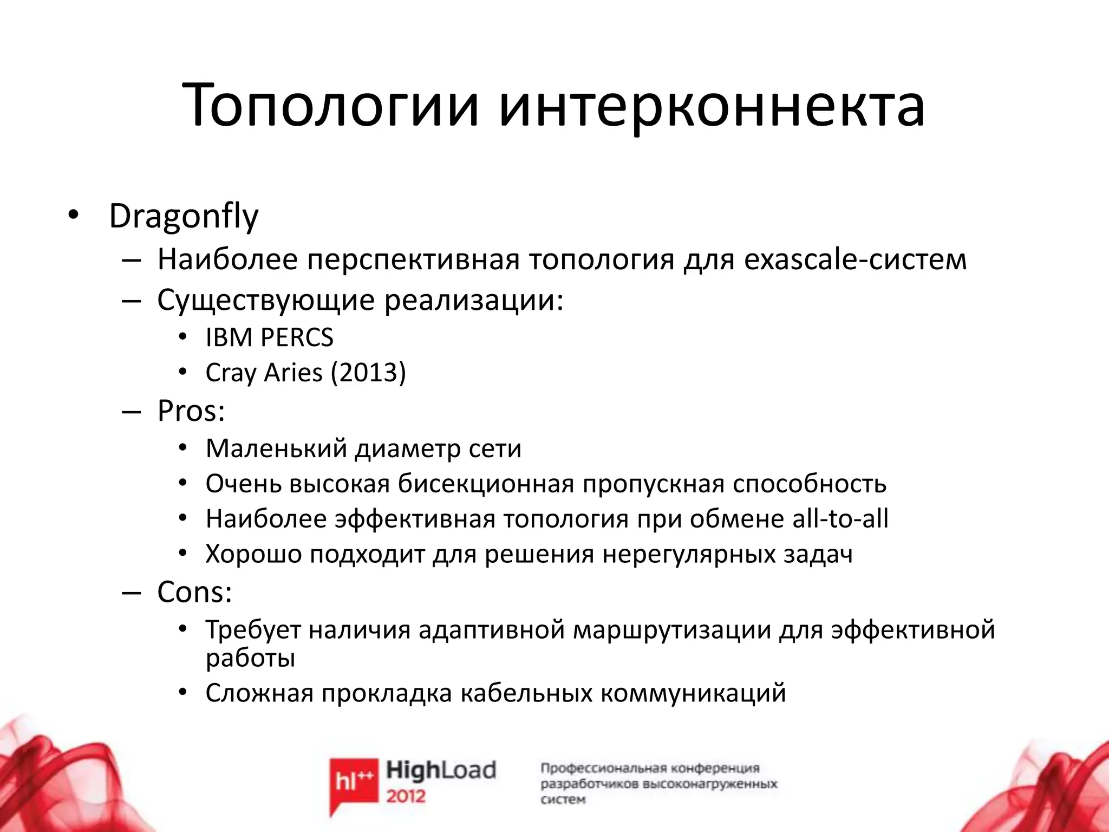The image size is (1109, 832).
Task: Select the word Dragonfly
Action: pyautogui.click(x=184, y=217)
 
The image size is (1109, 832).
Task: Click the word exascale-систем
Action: pyautogui.click(x=855, y=259)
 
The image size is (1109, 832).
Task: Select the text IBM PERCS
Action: pyautogui.click(x=269, y=337)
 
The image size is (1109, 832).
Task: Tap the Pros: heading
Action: pyautogui.click(x=191, y=411)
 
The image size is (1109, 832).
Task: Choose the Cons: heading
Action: pyautogui.click(x=194, y=591)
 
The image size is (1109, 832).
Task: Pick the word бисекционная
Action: pyautogui.click(x=486, y=484)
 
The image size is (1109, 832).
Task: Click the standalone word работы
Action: pyautogui.click(x=250, y=659)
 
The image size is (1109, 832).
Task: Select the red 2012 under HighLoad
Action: pyautogui.click(x=406, y=796)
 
